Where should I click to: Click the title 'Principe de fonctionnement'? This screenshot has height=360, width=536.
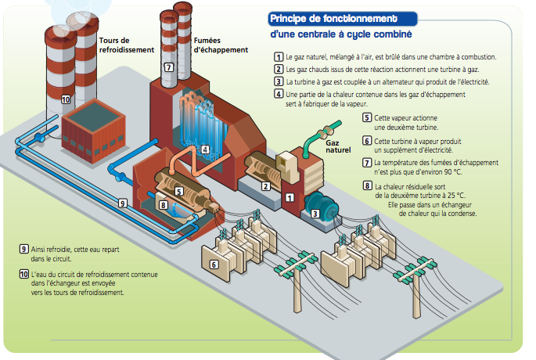pyautogui.click(x=333, y=19)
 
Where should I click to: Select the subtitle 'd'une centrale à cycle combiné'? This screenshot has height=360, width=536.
pyautogui.click(x=340, y=35)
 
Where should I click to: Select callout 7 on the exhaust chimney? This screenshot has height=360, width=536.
pyautogui.click(x=168, y=68)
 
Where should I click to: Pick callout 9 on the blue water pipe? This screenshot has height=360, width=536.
pyautogui.click(x=122, y=203)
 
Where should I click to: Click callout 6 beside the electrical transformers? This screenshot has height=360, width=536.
pyautogui.click(x=214, y=265)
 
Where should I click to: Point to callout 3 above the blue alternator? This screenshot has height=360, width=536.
pyautogui.click(x=314, y=213)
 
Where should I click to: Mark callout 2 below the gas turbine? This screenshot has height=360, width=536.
pyautogui.click(x=266, y=186)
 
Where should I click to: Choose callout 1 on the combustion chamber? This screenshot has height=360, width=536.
pyautogui.click(x=289, y=197)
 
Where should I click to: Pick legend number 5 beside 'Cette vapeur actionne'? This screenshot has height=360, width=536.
pyautogui.click(x=367, y=118)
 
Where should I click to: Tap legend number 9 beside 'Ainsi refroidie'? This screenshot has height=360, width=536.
pyautogui.click(x=24, y=249)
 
